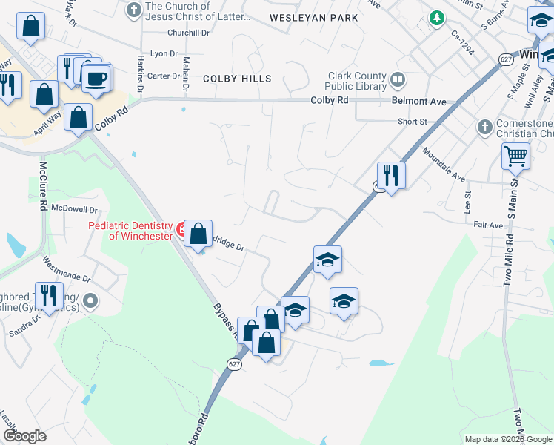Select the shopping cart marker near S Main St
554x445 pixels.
tap(515, 156)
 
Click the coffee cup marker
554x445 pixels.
tap(96, 78)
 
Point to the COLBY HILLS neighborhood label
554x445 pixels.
tap(237, 79)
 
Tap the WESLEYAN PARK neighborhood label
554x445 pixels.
tap(313, 17)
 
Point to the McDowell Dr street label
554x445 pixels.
tap(74, 210)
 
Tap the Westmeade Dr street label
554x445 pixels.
tap(67, 269)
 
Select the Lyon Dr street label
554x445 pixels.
tap(164, 54)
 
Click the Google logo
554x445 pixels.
tap(24, 436)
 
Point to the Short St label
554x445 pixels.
tap(413, 122)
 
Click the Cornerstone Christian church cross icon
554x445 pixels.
tap(485, 127)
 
